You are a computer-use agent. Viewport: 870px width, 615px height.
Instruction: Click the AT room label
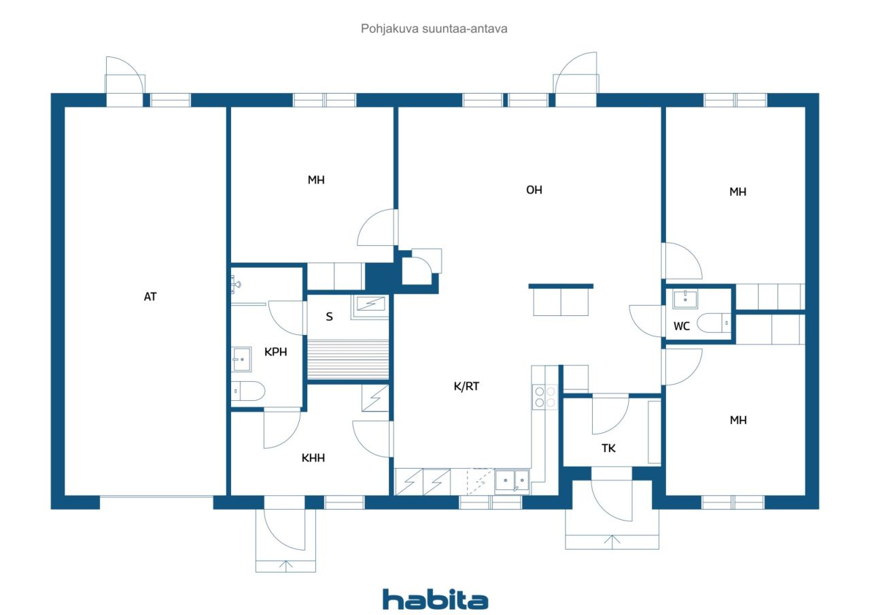tap(150, 297)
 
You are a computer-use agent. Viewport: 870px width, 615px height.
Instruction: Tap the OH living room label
tap(534, 190)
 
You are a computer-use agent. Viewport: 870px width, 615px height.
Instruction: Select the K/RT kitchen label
tap(466, 386)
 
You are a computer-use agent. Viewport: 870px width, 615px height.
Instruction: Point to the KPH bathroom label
tap(276, 352)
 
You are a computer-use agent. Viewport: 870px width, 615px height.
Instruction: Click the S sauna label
tap(330, 317)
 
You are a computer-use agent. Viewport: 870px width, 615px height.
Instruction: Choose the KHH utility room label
tap(313, 458)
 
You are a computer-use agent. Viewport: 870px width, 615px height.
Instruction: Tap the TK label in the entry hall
tap(608, 449)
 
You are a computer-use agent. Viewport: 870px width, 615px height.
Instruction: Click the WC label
tap(682, 326)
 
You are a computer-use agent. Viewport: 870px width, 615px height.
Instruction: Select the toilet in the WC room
tap(714, 323)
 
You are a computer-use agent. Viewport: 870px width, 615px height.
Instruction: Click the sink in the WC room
tap(685, 300)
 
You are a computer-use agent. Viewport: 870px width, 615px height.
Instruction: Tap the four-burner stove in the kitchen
tap(545, 397)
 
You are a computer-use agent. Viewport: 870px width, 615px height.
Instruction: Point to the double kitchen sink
tap(512, 481)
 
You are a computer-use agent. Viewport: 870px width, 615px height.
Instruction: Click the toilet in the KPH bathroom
tap(248, 391)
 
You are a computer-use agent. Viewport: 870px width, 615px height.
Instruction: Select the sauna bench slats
tap(348, 359)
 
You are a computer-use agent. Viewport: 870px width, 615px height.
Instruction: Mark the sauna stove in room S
tap(370, 307)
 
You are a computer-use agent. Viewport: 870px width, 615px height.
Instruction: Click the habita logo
tap(436, 599)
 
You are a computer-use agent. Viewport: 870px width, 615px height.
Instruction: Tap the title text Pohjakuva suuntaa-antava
tap(434, 29)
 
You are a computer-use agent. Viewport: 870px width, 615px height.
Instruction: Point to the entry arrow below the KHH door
tap(286, 567)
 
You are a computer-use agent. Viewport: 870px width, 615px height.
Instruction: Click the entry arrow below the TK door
tap(612, 541)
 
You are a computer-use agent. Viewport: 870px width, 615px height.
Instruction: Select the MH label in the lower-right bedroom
tap(738, 420)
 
